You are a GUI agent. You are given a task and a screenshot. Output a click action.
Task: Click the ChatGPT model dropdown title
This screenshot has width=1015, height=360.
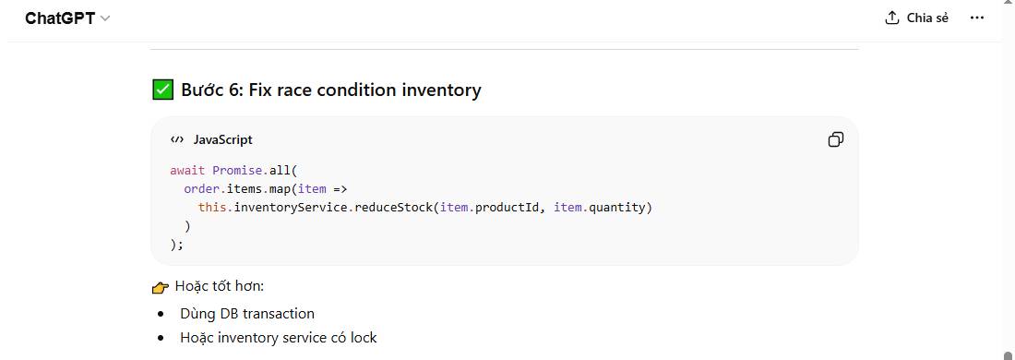tap(66, 18)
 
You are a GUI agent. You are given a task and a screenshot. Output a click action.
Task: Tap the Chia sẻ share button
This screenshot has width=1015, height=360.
tap(916, 18)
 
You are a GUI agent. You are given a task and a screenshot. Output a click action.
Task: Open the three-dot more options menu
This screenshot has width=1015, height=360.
tap(977, 18)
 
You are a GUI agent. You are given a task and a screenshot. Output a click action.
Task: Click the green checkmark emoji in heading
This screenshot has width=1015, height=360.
tap(162, 90)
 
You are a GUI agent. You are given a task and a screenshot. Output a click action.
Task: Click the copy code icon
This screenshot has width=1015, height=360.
tap(835, 139)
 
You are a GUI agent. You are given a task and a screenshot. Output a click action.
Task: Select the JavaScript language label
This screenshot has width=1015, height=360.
tap(222, 139)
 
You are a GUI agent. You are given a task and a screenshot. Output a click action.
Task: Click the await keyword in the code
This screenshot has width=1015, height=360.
tap(187, 171)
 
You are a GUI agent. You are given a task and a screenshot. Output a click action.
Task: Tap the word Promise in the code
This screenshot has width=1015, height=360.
tap(237, 171)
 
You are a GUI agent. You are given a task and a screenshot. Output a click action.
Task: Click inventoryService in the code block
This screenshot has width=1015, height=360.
tap(291, 207)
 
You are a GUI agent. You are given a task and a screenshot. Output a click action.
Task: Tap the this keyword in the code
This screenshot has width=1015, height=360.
tap(212, 207)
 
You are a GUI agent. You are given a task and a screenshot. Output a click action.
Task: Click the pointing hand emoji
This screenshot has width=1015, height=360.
tap(161, 286)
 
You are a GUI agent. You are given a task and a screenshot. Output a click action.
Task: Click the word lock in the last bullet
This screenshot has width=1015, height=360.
tap(364, 338)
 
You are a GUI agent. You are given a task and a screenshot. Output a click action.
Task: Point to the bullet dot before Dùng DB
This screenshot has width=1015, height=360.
tap(161, 314)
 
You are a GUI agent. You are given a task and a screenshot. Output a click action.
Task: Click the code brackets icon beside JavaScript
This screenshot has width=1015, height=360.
tap(177, 139)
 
